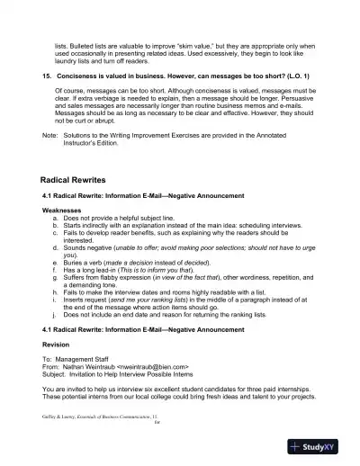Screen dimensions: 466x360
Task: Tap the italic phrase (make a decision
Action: (135, 258)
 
